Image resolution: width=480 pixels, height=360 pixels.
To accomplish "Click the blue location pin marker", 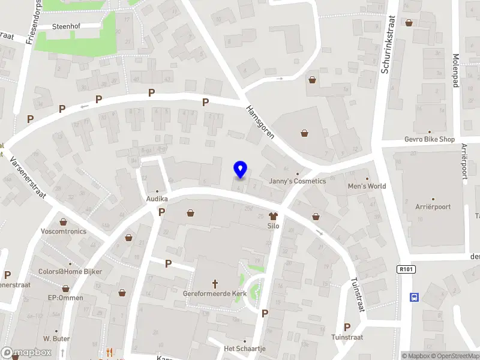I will pyautogui.click(x=241, y=170).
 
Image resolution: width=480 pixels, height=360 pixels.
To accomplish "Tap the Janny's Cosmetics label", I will pyautogui.click(x=297, y=181).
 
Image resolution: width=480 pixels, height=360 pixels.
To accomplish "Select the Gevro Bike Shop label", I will pyautogui.click(x=429, y=139).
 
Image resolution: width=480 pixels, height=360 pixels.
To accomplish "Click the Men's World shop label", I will pyautogui.click(x=367, y=186).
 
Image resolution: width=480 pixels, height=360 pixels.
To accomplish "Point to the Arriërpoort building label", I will pyautogui.click(x=433, y=207).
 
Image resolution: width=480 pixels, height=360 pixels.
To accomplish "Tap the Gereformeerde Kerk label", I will pyautogui.click(x=215, y=294).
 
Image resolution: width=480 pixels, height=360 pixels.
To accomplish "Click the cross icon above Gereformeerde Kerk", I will pyautogui.click(x=215, y=283).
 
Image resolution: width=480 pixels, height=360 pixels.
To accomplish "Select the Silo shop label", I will pyautogui.click(x=274, y=226).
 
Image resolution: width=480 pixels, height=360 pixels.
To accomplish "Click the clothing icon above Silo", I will pyautogui.click(x=274, y=216).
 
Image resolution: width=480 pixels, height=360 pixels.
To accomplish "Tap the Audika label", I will pyautogui.click(x=157, y=199).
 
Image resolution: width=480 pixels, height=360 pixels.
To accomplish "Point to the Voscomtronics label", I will pyautogui.click(x=64, y=231).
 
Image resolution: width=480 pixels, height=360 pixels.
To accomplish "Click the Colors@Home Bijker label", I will pyautogui.click(x=71, y=272).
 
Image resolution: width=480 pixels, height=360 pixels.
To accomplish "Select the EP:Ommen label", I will pyautogui.click(x=65, y=298).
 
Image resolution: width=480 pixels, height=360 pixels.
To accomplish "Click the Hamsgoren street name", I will pyautogui.click(x=260, y=122).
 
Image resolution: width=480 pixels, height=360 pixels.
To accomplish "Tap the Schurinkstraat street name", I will pyautogui.click(x=387, y=45).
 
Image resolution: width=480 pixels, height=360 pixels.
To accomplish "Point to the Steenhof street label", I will pyautogui.click(x=66, y=26).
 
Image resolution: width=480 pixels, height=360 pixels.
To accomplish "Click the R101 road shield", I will pyautogui.click(x=406, y=269).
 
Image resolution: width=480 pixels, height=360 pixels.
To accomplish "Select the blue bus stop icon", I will pyautogui.click(x=414, y=297).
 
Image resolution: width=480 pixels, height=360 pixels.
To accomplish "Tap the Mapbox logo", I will pyautogui.click(x=26, y=353).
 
